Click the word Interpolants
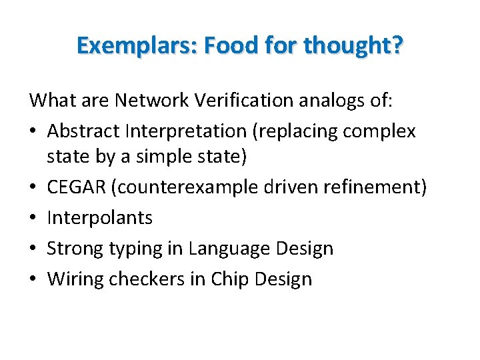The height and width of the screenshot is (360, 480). [x=100, y=218]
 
